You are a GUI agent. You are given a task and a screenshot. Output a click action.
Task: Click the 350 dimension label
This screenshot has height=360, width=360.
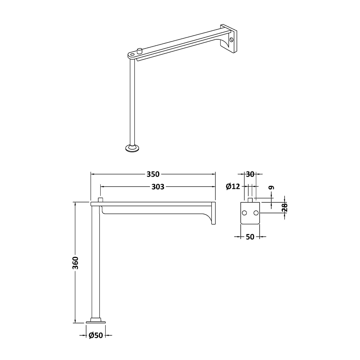[153, 174]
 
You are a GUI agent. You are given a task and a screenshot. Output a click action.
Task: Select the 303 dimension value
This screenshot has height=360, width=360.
[158, 187]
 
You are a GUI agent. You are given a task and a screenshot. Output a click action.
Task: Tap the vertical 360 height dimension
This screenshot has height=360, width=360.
[75, 263]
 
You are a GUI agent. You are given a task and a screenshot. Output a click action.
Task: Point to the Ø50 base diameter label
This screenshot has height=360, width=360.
[96, 335]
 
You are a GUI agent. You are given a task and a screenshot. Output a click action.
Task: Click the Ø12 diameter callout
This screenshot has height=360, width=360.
[233, 186]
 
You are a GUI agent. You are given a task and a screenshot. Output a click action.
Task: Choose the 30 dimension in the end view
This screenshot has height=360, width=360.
[250, 174]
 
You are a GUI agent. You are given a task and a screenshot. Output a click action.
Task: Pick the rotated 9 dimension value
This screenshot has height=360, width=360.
[272, 188]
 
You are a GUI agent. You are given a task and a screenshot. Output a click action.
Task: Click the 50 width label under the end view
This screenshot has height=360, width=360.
[250, 237]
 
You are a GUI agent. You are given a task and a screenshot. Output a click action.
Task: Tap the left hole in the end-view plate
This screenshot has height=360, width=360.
[244, 213]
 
